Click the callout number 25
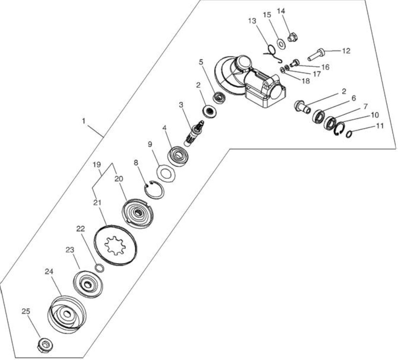(26, 311)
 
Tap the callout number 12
(346, 51)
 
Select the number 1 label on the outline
(84, 121)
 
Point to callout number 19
(97, 165)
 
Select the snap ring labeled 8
(154, 189)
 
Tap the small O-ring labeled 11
(349, 134)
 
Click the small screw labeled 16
(295, 63)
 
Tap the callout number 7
(365, 107)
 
